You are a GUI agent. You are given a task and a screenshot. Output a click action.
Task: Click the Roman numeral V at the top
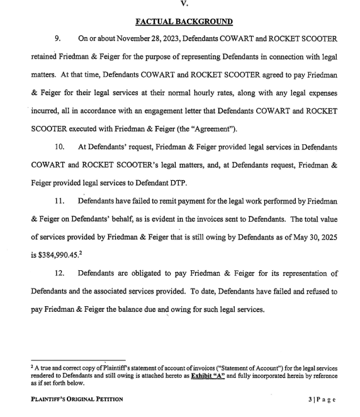184,3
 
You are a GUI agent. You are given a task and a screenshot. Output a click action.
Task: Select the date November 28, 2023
151,39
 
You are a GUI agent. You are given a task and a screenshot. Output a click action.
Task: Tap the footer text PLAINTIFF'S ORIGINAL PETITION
77,399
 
